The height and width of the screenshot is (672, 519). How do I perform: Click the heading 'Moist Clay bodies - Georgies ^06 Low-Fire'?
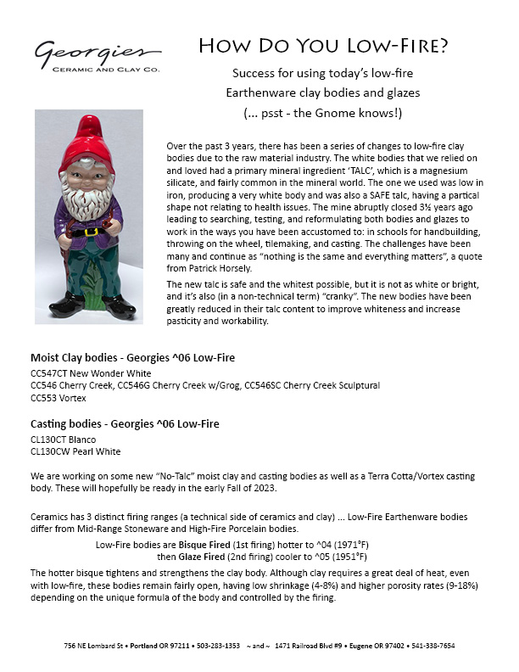132,357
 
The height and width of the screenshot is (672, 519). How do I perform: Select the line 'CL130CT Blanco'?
64,439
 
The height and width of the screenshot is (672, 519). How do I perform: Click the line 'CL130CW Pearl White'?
75,451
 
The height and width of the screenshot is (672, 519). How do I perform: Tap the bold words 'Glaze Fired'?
203,557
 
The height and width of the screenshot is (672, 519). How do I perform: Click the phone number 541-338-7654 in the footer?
432,646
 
